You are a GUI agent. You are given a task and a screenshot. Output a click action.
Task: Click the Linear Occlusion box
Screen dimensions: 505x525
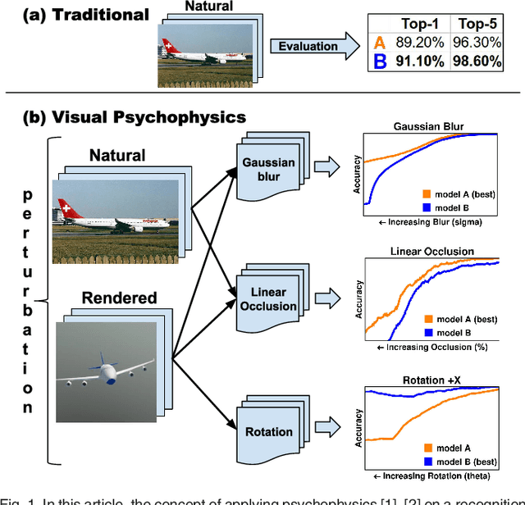point(267,299)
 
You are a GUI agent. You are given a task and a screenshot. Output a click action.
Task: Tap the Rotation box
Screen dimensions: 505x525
point(267,431)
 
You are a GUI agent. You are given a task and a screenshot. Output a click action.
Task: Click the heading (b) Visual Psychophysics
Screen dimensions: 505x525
point(135,116)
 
